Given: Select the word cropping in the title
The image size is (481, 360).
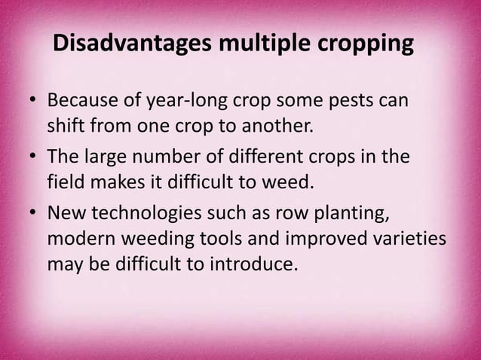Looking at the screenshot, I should click(x=363, y=45).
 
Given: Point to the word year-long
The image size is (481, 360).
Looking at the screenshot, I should click(x=194, y=102).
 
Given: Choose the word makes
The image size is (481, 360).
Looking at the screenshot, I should click(x=116, y=182).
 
